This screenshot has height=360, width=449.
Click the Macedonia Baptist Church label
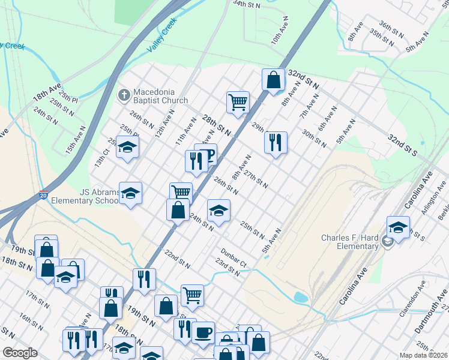point(160,96)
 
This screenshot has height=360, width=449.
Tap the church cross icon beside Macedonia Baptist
point(124,95)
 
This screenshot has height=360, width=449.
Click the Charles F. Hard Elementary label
point(349,242)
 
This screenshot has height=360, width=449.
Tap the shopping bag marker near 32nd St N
point(273,80)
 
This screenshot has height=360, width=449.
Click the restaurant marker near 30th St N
point(276,142)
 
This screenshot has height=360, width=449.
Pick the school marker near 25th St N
point(218,211)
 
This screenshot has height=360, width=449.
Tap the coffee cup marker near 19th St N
point(203,332)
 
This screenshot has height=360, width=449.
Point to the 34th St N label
point(247,4)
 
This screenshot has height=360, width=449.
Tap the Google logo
point(20,352)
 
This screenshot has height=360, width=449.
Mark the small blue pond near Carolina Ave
point(300,298)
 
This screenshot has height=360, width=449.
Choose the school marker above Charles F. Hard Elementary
point(397,227)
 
